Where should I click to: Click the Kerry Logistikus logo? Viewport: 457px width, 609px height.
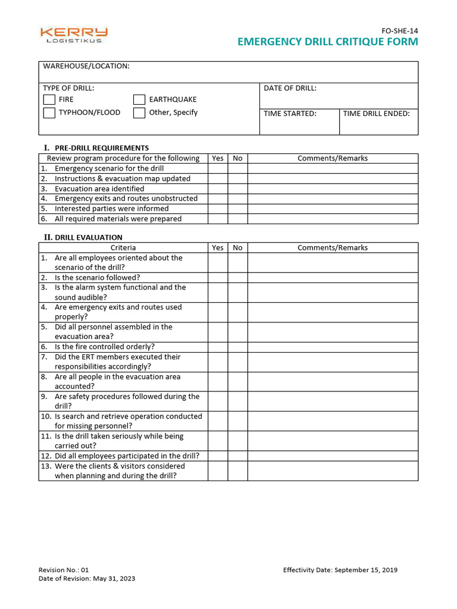click(74, 35)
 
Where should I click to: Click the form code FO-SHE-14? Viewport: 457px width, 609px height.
click(399, 30)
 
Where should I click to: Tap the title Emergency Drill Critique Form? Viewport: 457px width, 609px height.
click(328, 42)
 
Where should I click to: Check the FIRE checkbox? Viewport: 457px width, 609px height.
click(49, 99)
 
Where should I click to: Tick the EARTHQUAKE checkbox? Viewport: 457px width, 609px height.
click(139, 99)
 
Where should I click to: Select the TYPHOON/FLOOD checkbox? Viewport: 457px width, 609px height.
click(49, 113)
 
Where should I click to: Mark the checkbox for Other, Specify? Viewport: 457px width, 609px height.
click(139, 113)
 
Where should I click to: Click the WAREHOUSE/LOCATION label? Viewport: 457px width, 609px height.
click(86, 66)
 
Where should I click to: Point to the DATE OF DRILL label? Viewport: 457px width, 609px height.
click(290, 88)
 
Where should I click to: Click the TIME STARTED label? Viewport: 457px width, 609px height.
click(290, 114)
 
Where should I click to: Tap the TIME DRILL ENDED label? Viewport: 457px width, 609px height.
click(376, 114)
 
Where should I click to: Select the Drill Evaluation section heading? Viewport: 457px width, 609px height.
click(88, 237)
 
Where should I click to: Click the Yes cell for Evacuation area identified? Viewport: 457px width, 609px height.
click(218, 189)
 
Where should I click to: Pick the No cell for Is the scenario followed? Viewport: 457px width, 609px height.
click(237, 278)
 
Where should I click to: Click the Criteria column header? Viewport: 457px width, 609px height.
click(123, 247)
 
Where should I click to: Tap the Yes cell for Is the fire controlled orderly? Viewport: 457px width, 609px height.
click(218, 347)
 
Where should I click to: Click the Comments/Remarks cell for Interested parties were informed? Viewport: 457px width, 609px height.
click(333, 209)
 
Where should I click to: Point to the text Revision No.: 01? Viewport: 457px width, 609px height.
click(64, 570)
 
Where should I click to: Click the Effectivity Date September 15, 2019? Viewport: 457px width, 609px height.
click(340, 570)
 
